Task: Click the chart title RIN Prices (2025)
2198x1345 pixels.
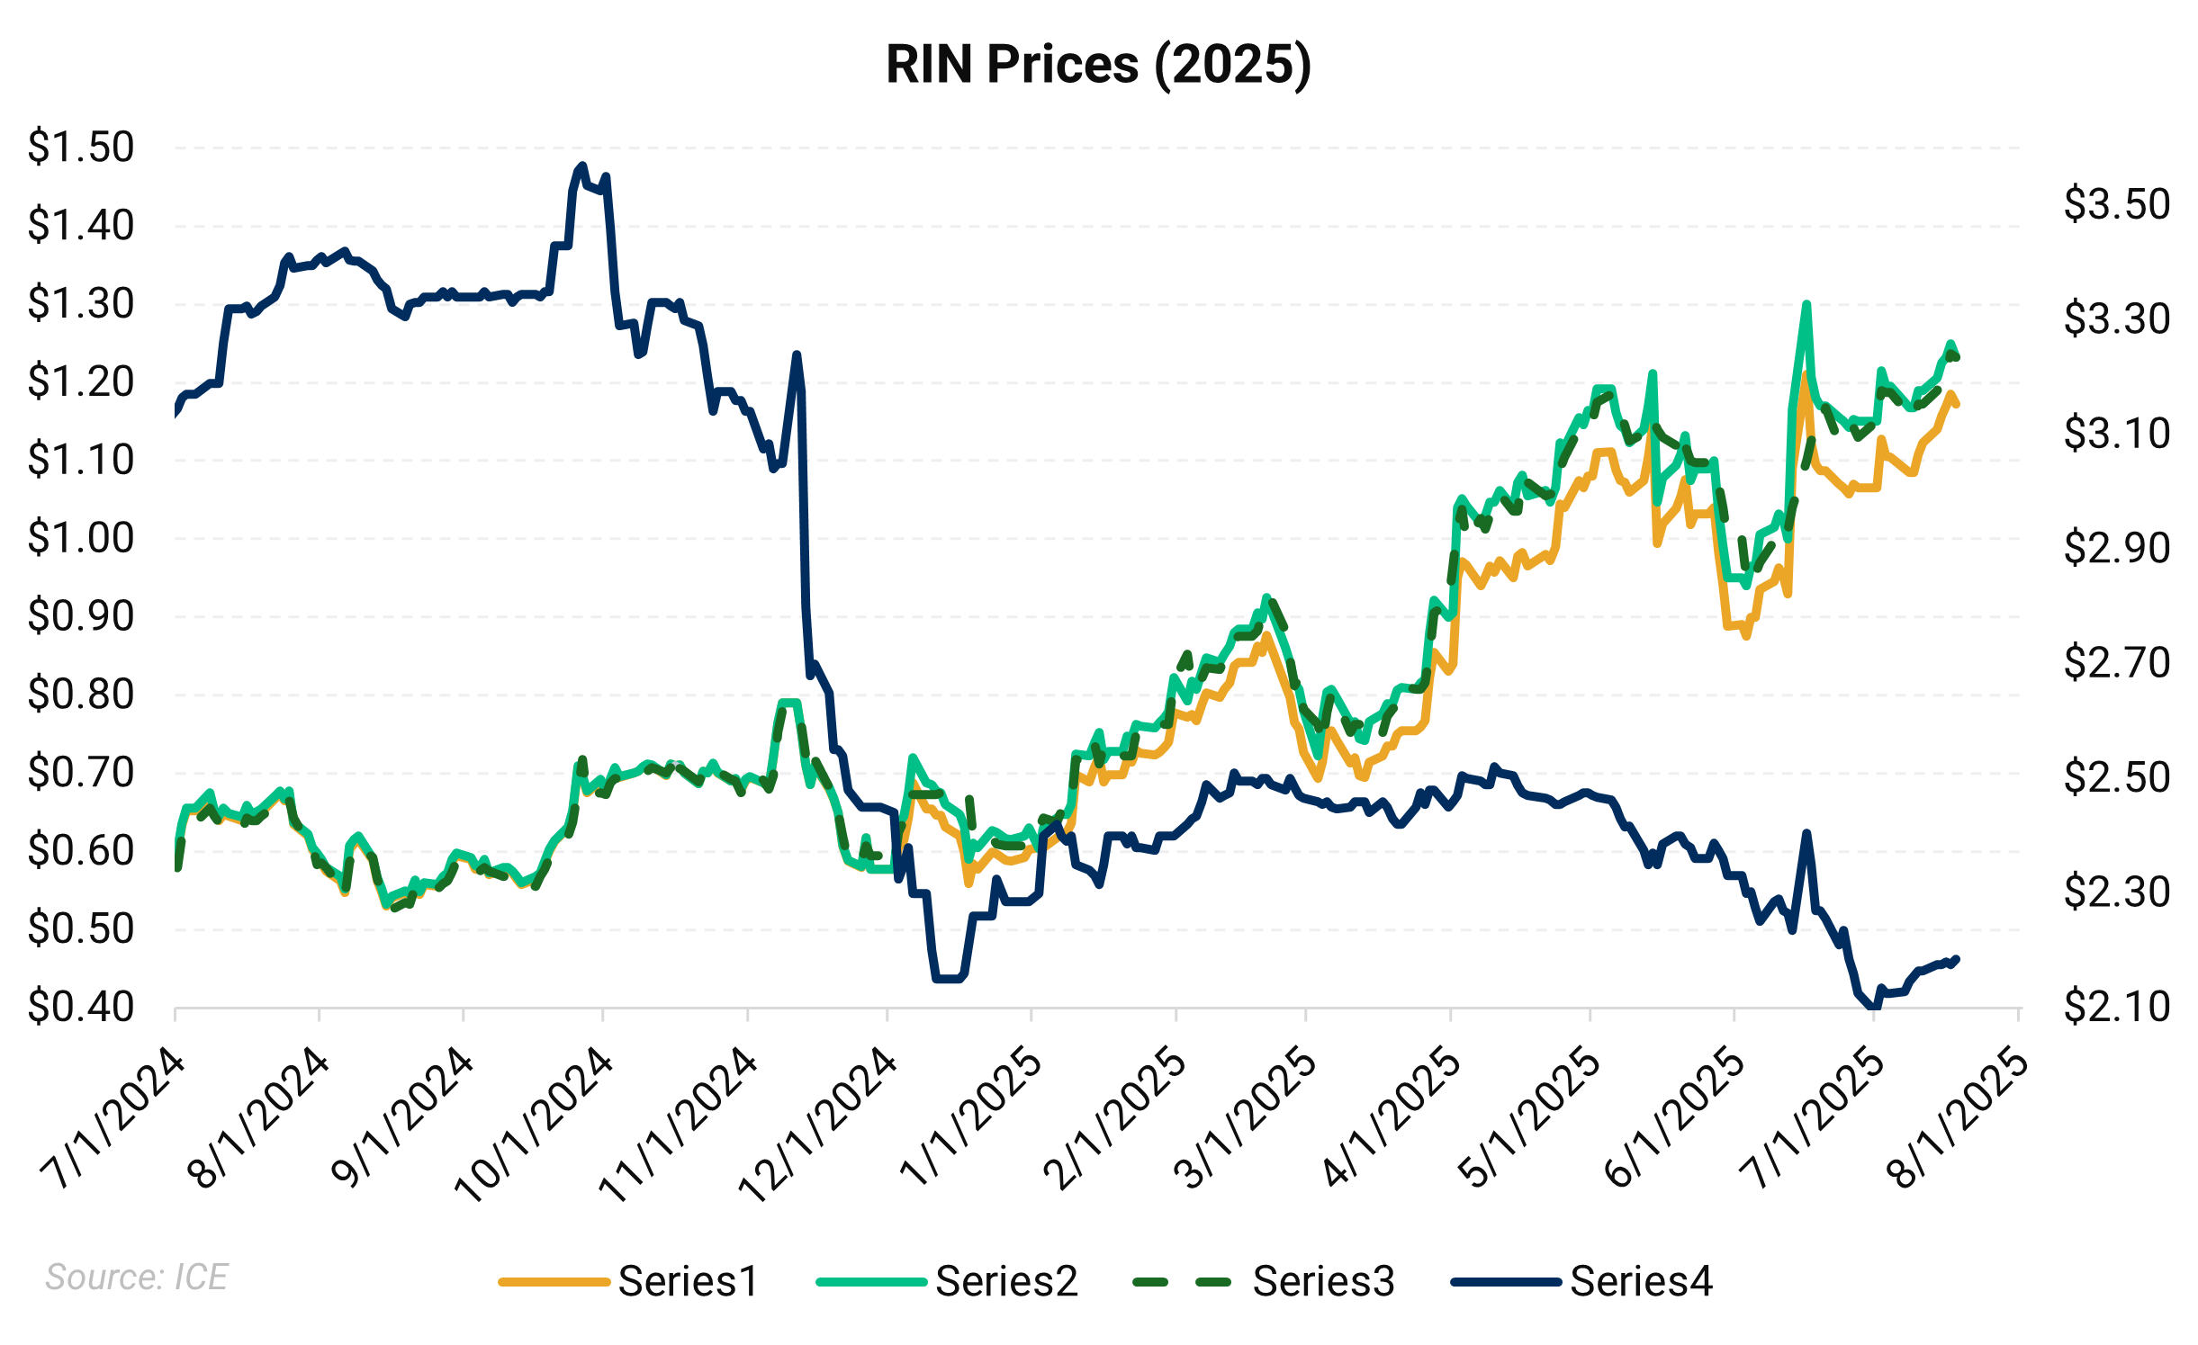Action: tap(1098, 65)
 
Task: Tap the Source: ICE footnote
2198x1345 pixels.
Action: tap(137, 1277)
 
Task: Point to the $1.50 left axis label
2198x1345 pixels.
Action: tap(81, 147)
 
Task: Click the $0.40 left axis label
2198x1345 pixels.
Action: tap(81, 1007)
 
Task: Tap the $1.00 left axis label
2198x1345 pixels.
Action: tap(81, 538)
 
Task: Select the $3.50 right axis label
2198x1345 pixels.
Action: tap(2116, 204)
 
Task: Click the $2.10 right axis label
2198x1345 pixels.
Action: tap(2116, 1007)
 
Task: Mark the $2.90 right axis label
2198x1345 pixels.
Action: tap(2116, 548)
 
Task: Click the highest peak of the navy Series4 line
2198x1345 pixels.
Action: tap(581, 166)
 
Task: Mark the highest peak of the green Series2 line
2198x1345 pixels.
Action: tap(1806, 304)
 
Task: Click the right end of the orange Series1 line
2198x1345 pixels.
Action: tap(1957, 406)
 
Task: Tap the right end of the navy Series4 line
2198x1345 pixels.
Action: tap(1958, 958)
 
